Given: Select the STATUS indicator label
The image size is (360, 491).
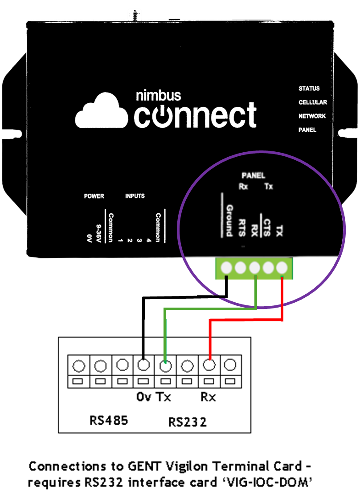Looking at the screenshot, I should click(309, 89).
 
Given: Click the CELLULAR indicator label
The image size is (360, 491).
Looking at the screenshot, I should click(312, 102).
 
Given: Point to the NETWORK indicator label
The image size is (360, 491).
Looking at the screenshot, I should click(312, 116).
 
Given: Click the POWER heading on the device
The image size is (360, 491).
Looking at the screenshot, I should click(94, 196).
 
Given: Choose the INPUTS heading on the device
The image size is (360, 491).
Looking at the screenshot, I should click(135, 196).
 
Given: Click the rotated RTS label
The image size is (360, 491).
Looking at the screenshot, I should click(242, 227).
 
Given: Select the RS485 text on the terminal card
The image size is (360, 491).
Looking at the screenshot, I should click(108, 420).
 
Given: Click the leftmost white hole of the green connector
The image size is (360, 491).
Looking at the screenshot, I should click(226, 268).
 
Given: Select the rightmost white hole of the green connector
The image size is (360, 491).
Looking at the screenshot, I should click(282, 268).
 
